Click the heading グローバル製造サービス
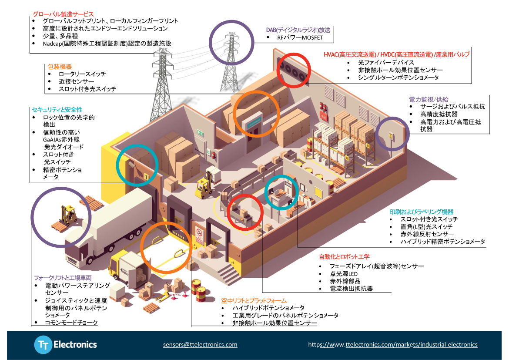tap(63, 14)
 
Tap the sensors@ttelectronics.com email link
tap(200, 344)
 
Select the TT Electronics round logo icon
tap(43, 345)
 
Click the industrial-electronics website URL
tap(393, 344)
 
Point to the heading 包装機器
tap(60, 67)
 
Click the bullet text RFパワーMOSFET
tap(300, 38)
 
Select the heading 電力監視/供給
tap(428, 99)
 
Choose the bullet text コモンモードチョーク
tap(71, 323)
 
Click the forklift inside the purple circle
tap(66, 214)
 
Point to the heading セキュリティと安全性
tap(57, 110)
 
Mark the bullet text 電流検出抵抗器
tap(351, 289)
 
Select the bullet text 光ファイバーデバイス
tap(380, 63)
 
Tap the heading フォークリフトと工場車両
tap(63, 277)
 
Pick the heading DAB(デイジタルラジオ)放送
tap(298, 30)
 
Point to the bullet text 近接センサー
tap(76, 81)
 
